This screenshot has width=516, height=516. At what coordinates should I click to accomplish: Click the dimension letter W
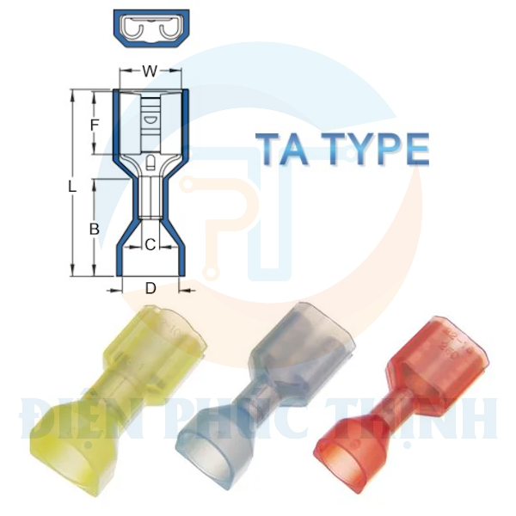(x=150, y=72)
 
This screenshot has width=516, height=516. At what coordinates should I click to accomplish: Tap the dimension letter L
(x=74, y=185)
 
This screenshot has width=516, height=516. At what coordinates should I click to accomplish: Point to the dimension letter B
(x=95, y=229)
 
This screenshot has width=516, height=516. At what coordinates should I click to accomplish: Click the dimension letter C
(x=149, y=245)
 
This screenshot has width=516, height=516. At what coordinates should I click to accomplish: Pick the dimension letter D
(x=150, y=289)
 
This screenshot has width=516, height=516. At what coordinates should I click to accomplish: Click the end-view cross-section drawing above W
(x=150, y=32)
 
